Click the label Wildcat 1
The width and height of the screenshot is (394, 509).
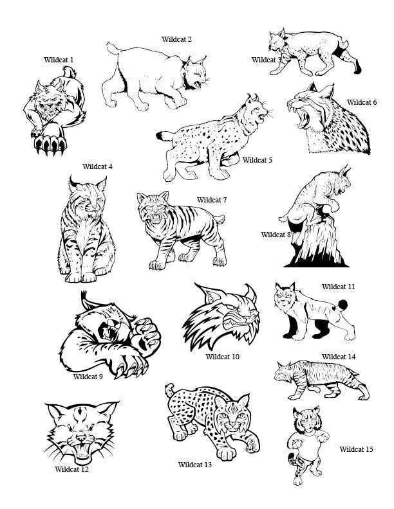(x=59, y=60)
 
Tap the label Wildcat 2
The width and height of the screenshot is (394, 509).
(x=176, y=39)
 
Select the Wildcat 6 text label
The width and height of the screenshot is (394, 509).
(x=362, y=102)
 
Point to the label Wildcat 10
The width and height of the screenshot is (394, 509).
(x=222, y=357)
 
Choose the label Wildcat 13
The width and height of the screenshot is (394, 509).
(x=194, y=465)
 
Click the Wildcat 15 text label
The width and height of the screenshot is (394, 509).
(x=356, y=449)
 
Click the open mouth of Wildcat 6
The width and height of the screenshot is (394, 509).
(x=303, y=118)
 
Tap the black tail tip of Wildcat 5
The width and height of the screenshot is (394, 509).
(x=160, y=136)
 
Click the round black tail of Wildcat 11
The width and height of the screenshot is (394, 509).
(x=342, y=305)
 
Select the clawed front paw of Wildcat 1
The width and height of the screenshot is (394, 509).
(x=50, y=142)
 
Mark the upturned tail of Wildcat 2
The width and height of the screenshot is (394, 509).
(x=113, y=48)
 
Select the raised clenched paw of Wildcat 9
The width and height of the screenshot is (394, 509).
(x=145, y=336)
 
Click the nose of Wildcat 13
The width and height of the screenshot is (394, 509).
(x=233, y=425)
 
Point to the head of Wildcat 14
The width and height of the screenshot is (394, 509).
(x=283, y=371)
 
